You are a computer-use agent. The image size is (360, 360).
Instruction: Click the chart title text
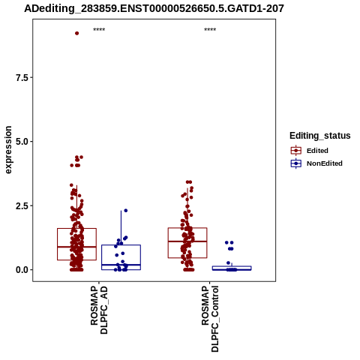tap(154, 8)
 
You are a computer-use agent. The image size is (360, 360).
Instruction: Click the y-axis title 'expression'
tap(8, 150)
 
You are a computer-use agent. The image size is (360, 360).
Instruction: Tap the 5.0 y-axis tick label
tap(22, 142)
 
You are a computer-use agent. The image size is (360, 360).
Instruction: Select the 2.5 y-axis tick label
tap(22, 206)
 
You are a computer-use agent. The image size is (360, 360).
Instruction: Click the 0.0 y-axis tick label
tap(22, 270)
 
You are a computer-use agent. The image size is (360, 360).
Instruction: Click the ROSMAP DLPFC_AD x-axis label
tap(99, 310)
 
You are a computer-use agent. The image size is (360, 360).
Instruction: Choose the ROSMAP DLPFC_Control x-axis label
tap(210, 319)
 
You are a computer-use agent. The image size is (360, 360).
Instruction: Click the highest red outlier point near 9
tap(77, 33)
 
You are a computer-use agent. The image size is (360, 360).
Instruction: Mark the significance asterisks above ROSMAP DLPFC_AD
tap(99, 30)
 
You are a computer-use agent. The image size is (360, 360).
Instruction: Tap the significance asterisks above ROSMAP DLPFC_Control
tap(210, 30)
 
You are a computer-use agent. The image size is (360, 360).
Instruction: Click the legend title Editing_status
tap(320, 136)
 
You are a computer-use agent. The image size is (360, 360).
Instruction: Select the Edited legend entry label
tap(317, 151)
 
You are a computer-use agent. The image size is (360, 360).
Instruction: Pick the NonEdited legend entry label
tap(325, 163)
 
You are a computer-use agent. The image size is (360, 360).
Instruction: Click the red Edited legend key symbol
tap(296, 151)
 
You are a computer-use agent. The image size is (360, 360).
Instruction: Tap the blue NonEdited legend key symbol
tap(296, 163)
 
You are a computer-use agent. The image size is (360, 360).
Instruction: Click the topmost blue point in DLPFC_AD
tap(126, 211)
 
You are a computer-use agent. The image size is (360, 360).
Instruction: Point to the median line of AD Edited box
tap(77, 247)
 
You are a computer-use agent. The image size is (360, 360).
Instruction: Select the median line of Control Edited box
tap(187, 241)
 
